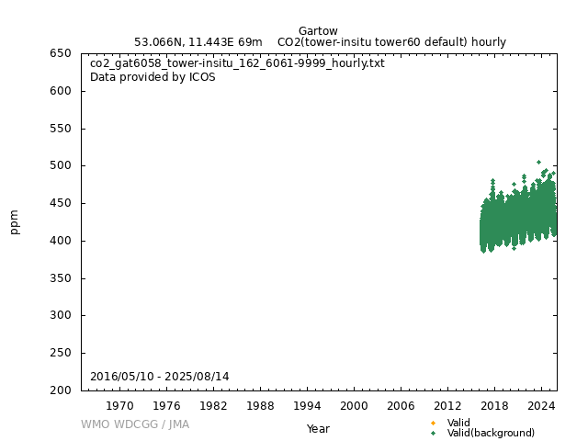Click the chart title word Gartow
click(x=318, y=31)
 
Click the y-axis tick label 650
click(x=62, y=53)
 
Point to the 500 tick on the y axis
click(x=62, y=165)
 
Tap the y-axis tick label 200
click(x=62, y=390)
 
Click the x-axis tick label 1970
click(x=119, y=405)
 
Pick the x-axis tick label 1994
click(x=307, y=405)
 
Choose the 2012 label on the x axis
click(x=447, y=405)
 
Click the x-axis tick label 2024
click(x=541, y=405)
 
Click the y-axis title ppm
click(x=15, y=221)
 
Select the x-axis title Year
click(x=318, y=428)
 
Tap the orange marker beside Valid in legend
click(x=433, y=423)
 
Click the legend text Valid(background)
click(x=491, y=433)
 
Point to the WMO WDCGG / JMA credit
click(x=135, y=424)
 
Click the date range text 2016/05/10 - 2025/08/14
click(x=160, y=377)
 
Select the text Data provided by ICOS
click(x=153, y=77)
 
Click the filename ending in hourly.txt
click(x=237, y=63)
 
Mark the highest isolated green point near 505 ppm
click(x=538, y=162)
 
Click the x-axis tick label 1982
click(x=213, y=405)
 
